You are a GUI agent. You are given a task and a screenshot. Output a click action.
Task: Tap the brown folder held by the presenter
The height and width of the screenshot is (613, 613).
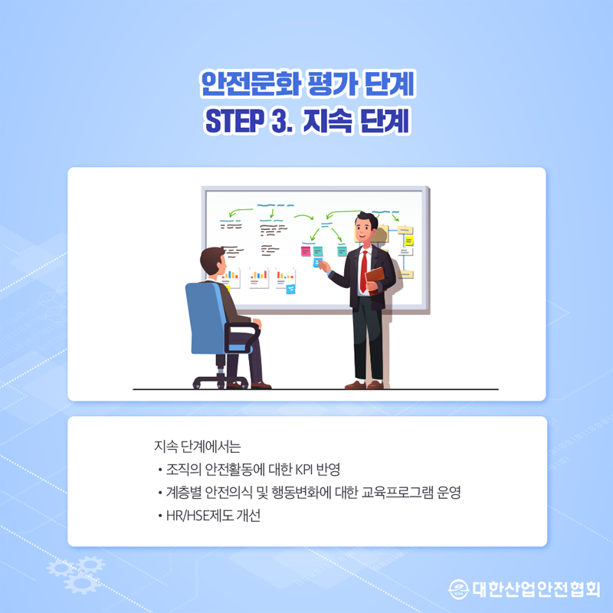click(375, 280)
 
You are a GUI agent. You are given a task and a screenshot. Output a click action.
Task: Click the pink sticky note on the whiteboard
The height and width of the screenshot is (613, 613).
click(306, 251)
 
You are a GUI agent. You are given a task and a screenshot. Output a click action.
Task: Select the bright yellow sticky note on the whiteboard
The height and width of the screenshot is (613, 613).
click(408, 241)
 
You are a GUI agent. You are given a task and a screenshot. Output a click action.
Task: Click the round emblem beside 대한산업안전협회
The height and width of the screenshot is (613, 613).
click(458, 588)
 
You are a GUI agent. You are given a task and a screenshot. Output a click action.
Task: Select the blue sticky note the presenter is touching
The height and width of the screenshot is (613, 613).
click(317, 261)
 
